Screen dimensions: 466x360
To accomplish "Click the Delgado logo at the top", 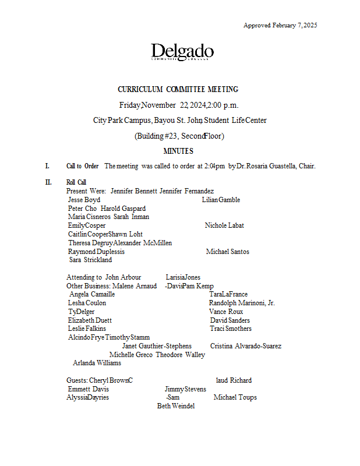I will pos(182,52).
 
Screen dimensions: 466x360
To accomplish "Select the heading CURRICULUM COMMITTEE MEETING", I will pos(178,90).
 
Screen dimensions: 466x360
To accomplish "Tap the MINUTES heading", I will pos(178,151).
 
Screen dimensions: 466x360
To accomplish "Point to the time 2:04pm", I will pos(215,166).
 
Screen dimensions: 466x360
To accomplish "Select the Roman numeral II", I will pos(48,182).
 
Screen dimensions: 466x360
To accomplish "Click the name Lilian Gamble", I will pos(221,200).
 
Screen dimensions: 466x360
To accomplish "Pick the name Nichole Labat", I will pos(224,225).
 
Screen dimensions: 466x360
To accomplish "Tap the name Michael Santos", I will pos(227,252).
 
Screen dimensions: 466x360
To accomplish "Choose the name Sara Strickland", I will pos(90,260).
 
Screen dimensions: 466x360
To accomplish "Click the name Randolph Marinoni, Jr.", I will pos(242,303).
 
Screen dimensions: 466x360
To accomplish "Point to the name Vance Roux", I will pos(226,312).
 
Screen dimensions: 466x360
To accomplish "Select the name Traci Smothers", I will pos(231,329).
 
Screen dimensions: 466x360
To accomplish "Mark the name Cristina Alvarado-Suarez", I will pos(246,346).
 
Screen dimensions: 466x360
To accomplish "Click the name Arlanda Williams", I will pos(97,363).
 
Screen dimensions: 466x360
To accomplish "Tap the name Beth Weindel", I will pos(175,406).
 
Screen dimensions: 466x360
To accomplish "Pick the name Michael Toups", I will pos(235,397).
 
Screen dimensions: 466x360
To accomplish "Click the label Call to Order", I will pos(82,166).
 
